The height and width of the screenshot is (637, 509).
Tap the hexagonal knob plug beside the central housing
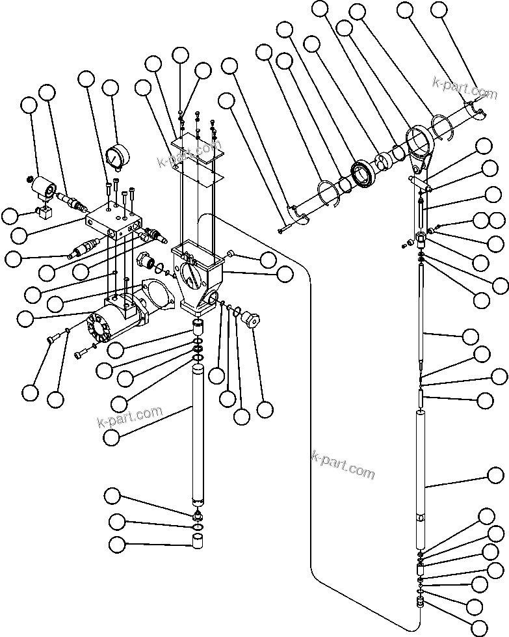[249, 320]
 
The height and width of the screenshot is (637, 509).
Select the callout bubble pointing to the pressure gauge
[111, 88]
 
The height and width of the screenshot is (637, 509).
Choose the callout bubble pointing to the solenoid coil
[29, 107]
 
